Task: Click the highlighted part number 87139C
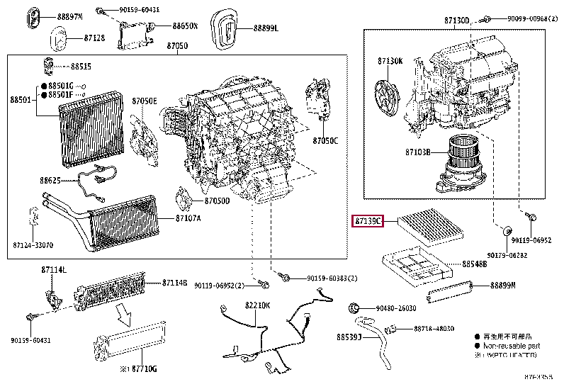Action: coord(368,221)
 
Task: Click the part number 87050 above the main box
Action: coord(177,46)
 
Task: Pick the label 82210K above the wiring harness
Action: coord(258,305)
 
